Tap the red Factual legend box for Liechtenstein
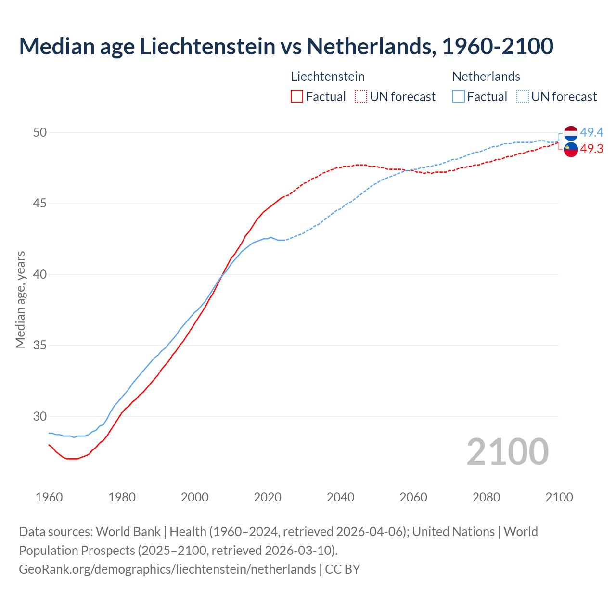point(297,97)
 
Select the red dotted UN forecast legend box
point(361,97)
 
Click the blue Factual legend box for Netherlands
point(459,97)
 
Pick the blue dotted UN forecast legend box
point(523,97)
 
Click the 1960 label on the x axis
point(49,497)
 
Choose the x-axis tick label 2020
point(268,497)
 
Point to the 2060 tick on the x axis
point(413,497)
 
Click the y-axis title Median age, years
point(20,299)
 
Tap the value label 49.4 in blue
point(591,132)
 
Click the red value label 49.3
point(591,149)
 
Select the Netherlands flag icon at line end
point(571,133)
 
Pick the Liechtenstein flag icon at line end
point(571,150)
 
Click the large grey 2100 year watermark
point(507,451)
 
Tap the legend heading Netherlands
point(486,77)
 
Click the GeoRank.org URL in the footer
point(167,569)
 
